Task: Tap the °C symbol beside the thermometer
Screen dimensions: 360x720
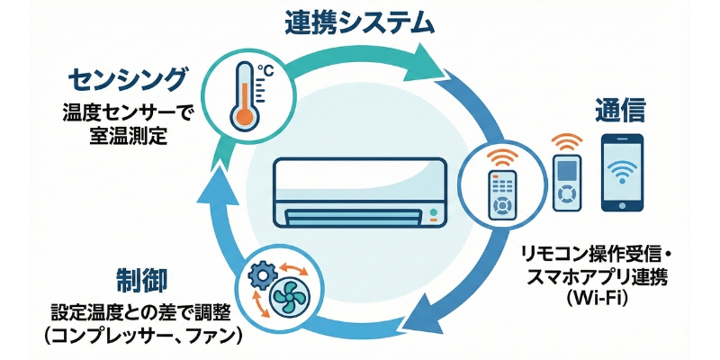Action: click(x=266, y=70)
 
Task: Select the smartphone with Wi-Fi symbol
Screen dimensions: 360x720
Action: click(x=622, y=173)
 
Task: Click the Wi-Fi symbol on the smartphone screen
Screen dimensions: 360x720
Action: click(x=622, y=171)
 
